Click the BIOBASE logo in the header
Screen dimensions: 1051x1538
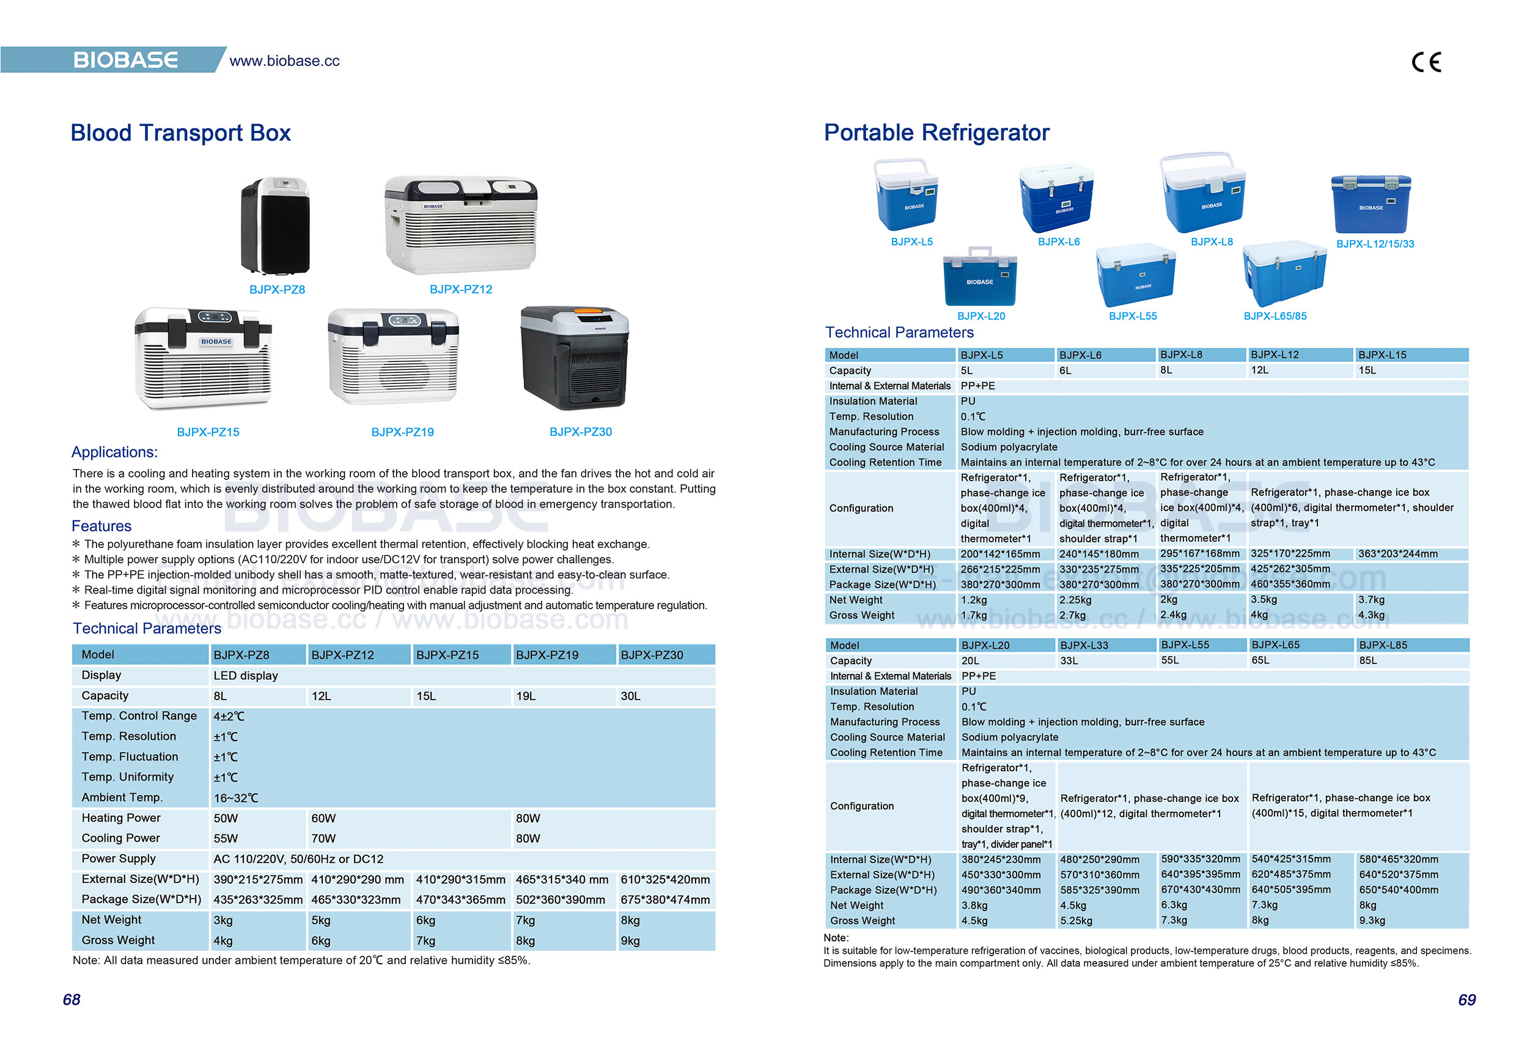[125, 61]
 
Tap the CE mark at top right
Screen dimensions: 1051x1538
[1426, 62]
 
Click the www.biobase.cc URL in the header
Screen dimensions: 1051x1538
[285, 61]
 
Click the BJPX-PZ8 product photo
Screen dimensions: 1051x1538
[275, 225]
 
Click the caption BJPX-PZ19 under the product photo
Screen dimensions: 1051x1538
[402, 432]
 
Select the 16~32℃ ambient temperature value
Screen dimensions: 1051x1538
[235, 797]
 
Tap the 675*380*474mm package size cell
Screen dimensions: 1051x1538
[664, 899]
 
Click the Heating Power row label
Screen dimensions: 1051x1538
[121, 818]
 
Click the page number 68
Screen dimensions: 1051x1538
[72, 1000]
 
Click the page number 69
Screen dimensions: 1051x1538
[1466, 1000]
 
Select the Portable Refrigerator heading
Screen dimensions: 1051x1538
[936, 133]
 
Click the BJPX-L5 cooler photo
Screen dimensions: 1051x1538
[907, 194]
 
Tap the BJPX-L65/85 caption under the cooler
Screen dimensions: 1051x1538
[1275, 316]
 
